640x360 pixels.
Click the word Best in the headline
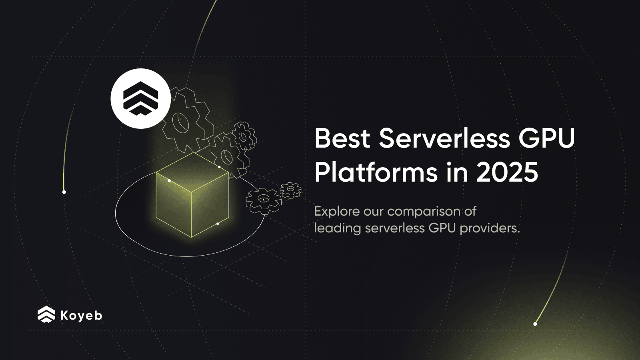pos(342,138)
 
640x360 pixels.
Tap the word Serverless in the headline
pos(444,138)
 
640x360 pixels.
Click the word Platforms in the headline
pos(376,173)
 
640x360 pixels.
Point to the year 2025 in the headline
pos(507,173)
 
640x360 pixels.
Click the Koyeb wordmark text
pos(81,315)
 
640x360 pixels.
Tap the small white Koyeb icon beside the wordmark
pos(46,314)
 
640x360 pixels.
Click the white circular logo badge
pos(140,98)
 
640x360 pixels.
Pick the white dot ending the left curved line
pos(64,192)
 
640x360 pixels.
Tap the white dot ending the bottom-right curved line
pos(535,324)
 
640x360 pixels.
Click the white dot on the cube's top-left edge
pos(169,181)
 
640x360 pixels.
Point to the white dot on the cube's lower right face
pos(218,224)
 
